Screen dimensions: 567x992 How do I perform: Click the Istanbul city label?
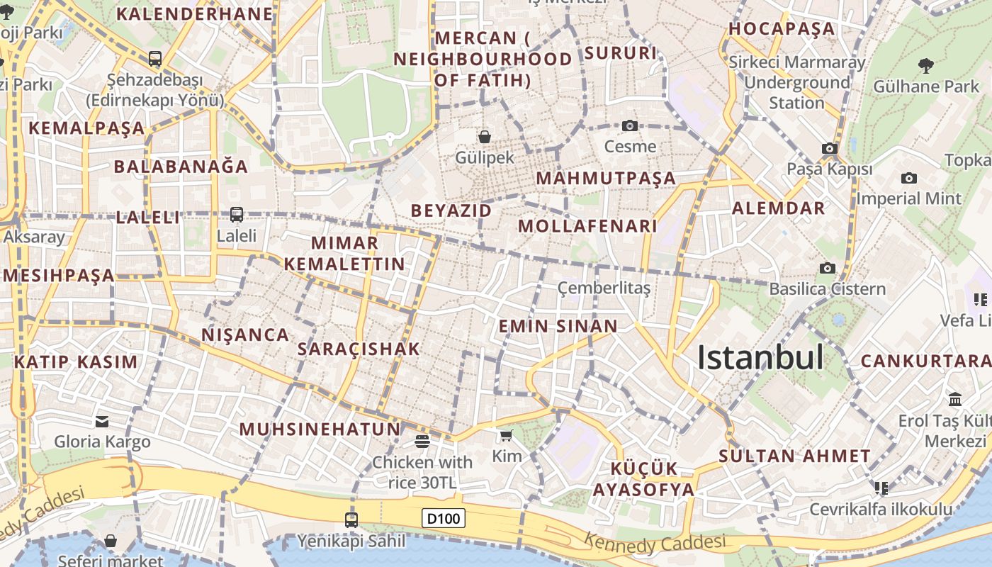tap(760, 357)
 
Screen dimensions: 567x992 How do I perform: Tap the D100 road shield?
tap(444, 518)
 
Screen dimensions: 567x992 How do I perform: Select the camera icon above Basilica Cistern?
tap(827, 268)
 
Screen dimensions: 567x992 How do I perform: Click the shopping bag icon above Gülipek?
tap(485, 136)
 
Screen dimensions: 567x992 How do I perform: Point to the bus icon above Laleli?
tap(237, 214)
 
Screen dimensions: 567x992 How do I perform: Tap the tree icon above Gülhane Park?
tap(925, 67)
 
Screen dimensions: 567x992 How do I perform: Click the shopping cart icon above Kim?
tap(506, 435)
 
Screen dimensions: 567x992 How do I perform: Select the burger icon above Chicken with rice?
tap(422, 442)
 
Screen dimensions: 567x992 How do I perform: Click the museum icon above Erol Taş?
tap(954, 399)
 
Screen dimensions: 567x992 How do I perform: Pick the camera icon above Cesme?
tap(629, 126)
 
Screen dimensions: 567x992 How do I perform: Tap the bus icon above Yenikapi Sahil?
tap(351, 520)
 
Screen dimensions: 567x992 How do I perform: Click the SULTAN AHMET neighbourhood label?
tap(794, 456)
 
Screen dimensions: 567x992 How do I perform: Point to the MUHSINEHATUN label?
tap(320, 429)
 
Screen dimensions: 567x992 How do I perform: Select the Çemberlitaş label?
tap(604, 288)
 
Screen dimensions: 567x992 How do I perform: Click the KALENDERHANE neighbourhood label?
tap(195, 13)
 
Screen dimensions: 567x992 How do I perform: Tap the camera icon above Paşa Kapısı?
tap(829, 149)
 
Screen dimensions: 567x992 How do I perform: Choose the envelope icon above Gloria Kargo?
tap(102, 422)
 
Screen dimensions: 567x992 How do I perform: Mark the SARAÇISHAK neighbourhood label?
tap(359, 349)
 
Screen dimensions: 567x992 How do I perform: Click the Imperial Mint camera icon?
tap(909, 178)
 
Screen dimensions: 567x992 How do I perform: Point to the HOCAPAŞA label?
tap(782, 29)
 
